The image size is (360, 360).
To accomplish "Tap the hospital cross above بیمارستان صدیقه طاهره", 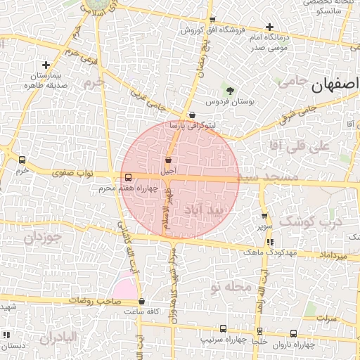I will tap(46, 65).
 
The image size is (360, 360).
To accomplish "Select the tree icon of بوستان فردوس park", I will tap(230, 91).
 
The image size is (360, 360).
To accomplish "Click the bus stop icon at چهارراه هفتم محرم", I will tap(127, 178).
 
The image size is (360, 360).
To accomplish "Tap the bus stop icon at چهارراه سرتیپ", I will tap(223, 329).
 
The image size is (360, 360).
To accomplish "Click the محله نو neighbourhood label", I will tap(229, 287).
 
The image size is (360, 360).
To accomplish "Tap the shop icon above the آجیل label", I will tap(169, 160).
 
